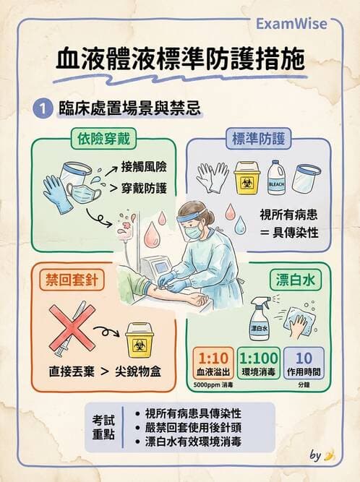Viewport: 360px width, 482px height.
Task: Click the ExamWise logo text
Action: [291, 24]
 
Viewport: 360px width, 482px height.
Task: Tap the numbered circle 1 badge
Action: [44, 108]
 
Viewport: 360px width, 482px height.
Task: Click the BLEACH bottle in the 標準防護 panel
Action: [277, 178]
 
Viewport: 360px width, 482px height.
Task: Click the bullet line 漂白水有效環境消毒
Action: [194, 441]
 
